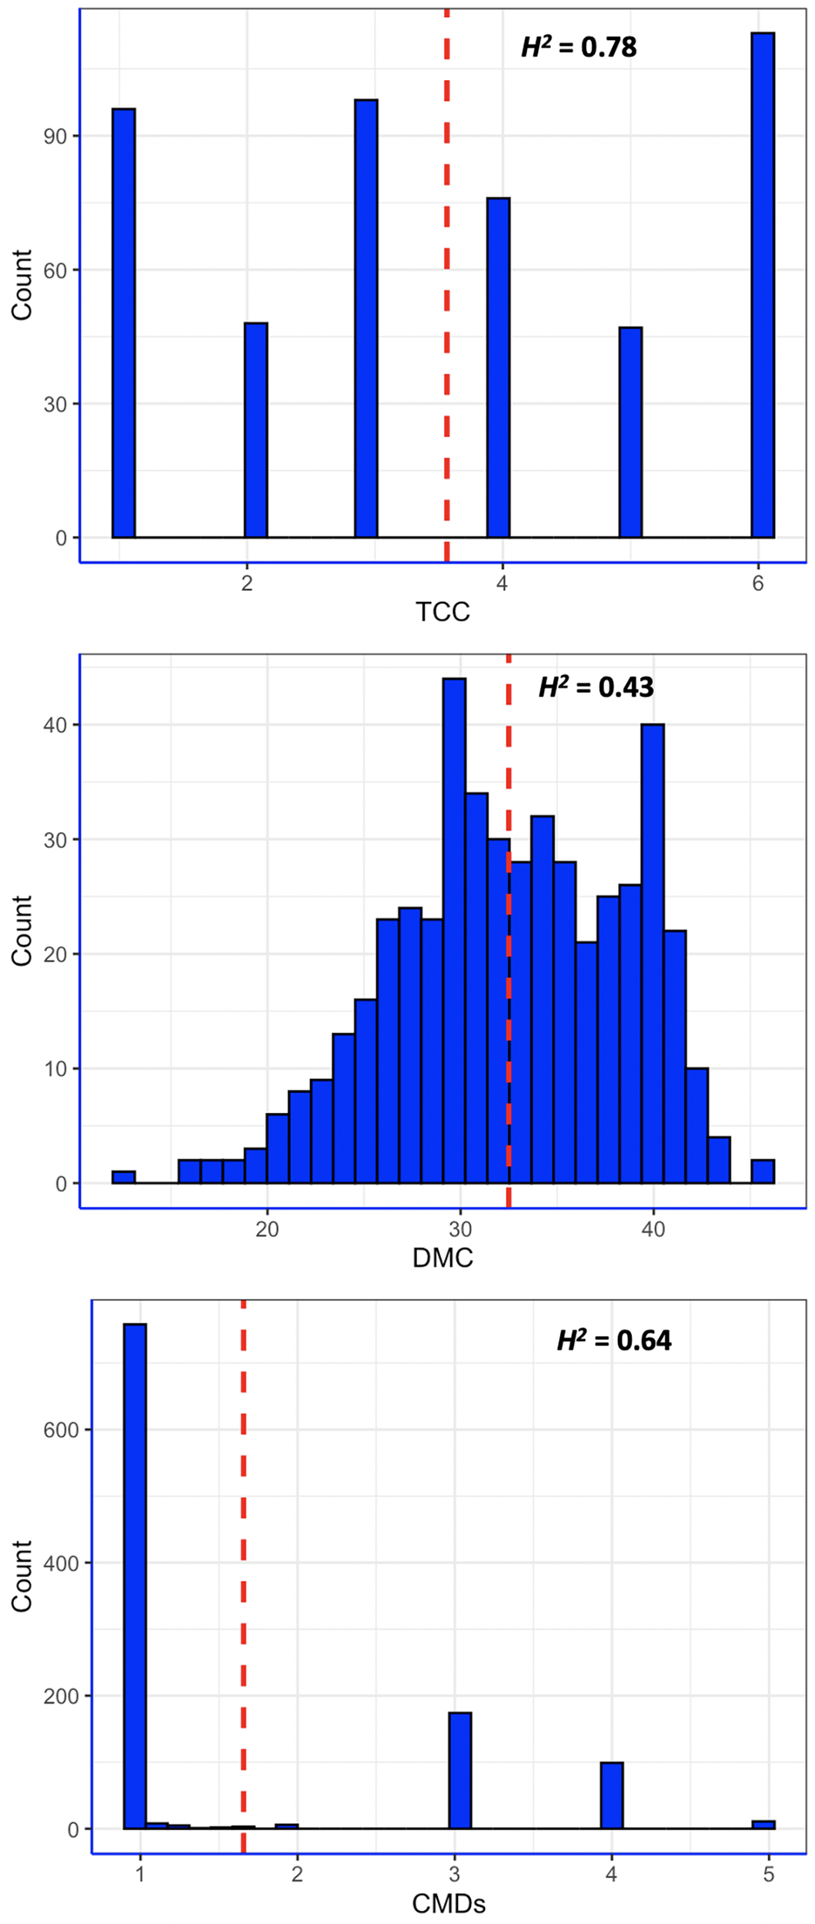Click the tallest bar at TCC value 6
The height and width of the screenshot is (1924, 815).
(762, 285)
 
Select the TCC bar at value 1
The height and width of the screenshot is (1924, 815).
(123, 323)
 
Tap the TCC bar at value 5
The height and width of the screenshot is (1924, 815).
(630, 433)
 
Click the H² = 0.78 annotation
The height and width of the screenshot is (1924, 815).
(579, 48)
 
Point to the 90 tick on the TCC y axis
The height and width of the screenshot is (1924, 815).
(55, 136)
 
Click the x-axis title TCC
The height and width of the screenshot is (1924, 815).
(443, 612)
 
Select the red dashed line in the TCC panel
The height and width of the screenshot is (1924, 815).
(446, 308)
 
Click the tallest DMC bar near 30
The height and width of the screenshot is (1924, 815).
(454, 931)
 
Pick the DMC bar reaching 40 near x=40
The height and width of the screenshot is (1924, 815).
(653, 954)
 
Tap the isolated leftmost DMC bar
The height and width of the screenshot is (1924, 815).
(123, 1177)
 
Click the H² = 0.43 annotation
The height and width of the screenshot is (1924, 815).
(596, 687)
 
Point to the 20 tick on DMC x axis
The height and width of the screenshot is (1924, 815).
(267, 1229)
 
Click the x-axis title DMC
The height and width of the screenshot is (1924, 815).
(443, 1258)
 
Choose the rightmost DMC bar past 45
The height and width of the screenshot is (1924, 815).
(763, 1171)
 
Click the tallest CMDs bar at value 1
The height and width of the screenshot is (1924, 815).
(135, 1578)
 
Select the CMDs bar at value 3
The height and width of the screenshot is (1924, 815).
(460, 1772)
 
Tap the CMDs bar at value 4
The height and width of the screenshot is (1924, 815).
(612, 1796)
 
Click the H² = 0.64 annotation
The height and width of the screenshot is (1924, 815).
(614, 1341)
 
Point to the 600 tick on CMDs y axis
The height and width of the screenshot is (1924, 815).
(62, 1430)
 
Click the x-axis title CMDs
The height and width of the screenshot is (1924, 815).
(449, 1904)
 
